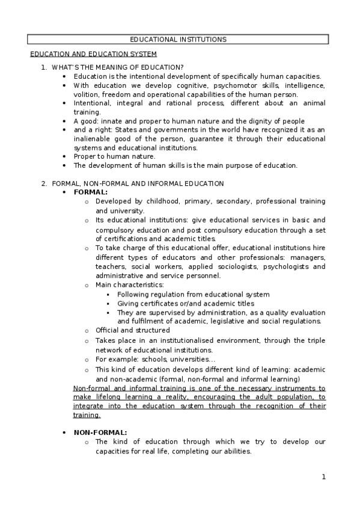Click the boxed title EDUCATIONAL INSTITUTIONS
coord(178,40)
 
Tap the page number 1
coord(323,477)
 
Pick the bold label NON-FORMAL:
coord(100,432)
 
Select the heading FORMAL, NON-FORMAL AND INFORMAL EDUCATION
coord(138,183)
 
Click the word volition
coord(87,94)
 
